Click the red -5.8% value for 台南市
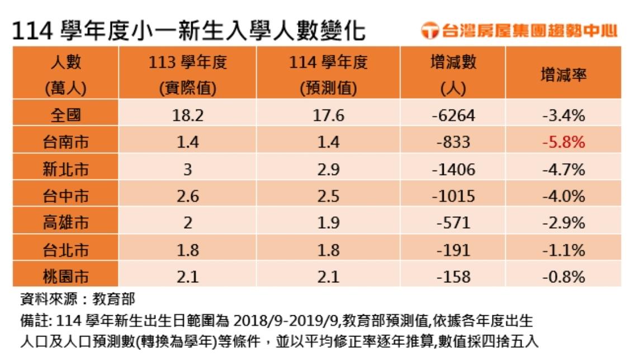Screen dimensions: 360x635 point(563,143)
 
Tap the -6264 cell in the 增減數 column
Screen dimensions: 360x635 point(453,115)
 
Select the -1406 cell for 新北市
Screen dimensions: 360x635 point(453,169)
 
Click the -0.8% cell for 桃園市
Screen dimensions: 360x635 point(563,276)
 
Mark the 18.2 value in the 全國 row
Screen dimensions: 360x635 point(188,115)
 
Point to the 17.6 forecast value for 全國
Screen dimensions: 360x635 point(328,115)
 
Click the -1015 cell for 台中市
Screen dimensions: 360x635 point(453,196)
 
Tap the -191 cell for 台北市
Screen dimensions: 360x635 point(453,250)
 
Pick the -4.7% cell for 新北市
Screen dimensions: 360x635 point(563,169)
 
